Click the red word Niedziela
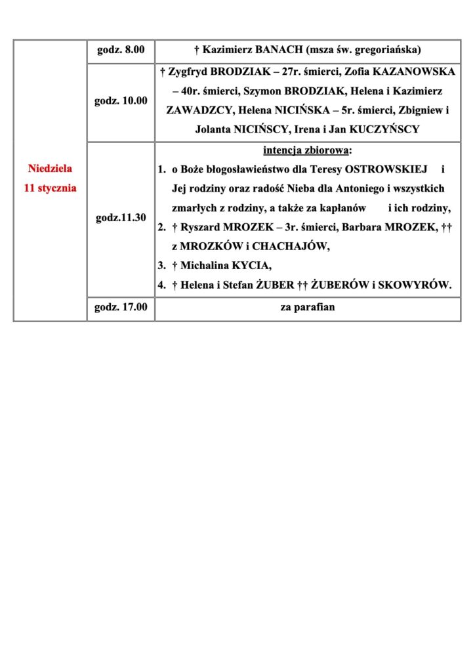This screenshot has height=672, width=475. coord(50,168)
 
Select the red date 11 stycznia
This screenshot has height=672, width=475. coord(50,188)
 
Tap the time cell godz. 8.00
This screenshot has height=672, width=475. coord(121,49)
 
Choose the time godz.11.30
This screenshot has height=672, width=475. coord(121,218)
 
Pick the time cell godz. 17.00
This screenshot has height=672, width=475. coord(121,307)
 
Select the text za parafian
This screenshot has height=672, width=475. coord(308,307)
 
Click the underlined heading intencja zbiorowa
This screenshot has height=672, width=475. coord(306,150)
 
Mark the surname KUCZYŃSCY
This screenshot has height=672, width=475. coord(383,130)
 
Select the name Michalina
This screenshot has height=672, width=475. coord(205,266)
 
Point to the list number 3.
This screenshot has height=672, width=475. coord(161,266)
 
